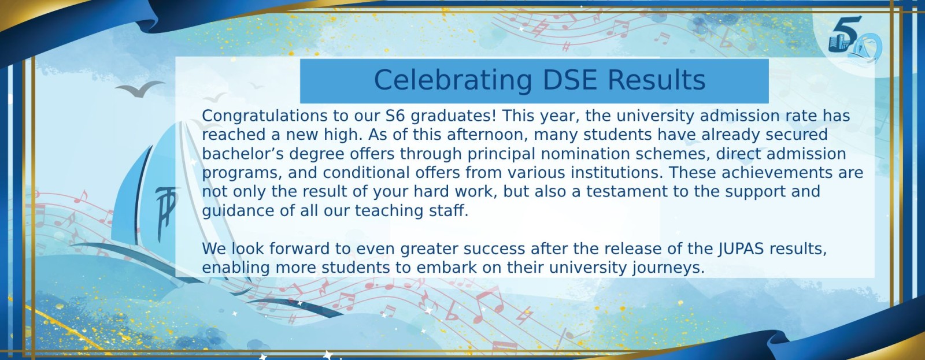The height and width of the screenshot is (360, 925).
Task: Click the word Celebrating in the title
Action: pyautogui.click(x=453, y=80)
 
